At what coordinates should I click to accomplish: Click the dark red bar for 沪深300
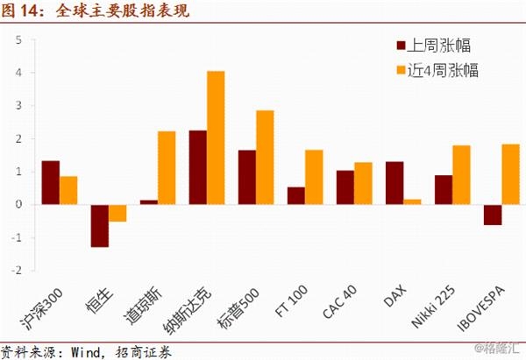51,183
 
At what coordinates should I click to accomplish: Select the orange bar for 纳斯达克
216,138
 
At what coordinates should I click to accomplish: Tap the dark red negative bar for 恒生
100,226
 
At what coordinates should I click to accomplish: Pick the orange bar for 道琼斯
167,168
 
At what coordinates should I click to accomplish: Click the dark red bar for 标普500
247,177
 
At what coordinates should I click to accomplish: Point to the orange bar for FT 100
314,177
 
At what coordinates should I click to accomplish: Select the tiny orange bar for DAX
412,201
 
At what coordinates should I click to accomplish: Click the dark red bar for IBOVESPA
493,215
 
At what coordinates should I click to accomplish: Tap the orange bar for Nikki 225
462,175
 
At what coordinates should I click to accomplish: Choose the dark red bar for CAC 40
345,187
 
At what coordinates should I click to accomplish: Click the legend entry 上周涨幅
433,46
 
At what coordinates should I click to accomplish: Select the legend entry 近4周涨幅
437,70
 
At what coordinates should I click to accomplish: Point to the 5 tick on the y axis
18,40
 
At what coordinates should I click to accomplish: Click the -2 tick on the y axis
17,270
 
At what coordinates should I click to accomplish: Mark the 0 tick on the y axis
18,204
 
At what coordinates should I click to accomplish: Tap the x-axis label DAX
394,296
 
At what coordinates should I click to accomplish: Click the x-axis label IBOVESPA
481,308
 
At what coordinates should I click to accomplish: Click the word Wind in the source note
86,352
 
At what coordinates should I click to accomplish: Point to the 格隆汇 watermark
497,348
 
